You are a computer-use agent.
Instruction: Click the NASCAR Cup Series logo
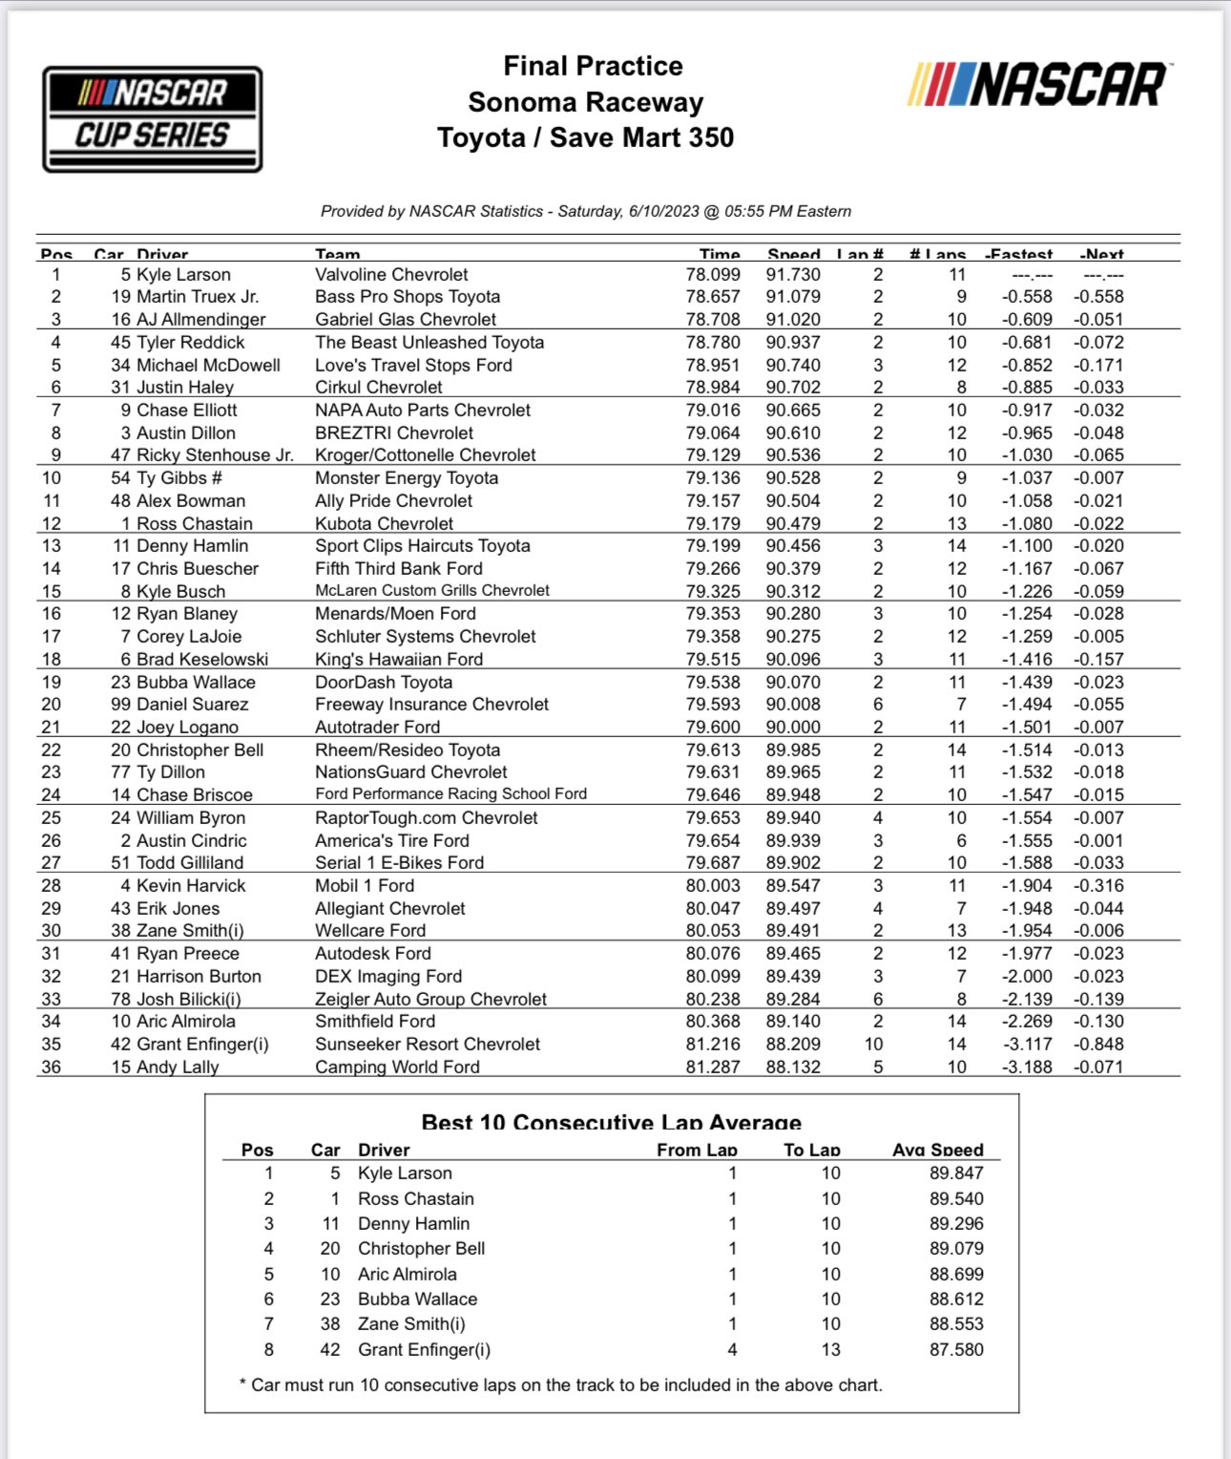coord(153,119)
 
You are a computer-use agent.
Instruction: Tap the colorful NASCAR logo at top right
coord(1037,84)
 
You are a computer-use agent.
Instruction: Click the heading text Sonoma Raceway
coord(585,102)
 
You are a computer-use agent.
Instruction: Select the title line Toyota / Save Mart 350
coord(585,137)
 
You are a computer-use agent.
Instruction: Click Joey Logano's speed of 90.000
coord(792,728)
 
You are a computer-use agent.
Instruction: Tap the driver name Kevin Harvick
coord(191,886)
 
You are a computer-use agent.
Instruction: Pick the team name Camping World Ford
coord(397,1068)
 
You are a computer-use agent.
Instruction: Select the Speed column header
coord(793,254)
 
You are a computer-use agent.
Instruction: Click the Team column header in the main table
coord(338,254)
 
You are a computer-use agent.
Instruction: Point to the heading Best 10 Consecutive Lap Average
coord(611,1122)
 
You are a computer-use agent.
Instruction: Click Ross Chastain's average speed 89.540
coord(955,1199)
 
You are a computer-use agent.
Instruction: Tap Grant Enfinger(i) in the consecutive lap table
coord(424,1350)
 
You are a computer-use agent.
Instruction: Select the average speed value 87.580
coord(955,1350)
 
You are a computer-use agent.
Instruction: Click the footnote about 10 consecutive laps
coord(561,1385)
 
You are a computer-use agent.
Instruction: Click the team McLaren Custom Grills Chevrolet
coord(432,591)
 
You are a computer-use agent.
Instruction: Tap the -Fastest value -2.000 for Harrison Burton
coord(1027,977)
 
